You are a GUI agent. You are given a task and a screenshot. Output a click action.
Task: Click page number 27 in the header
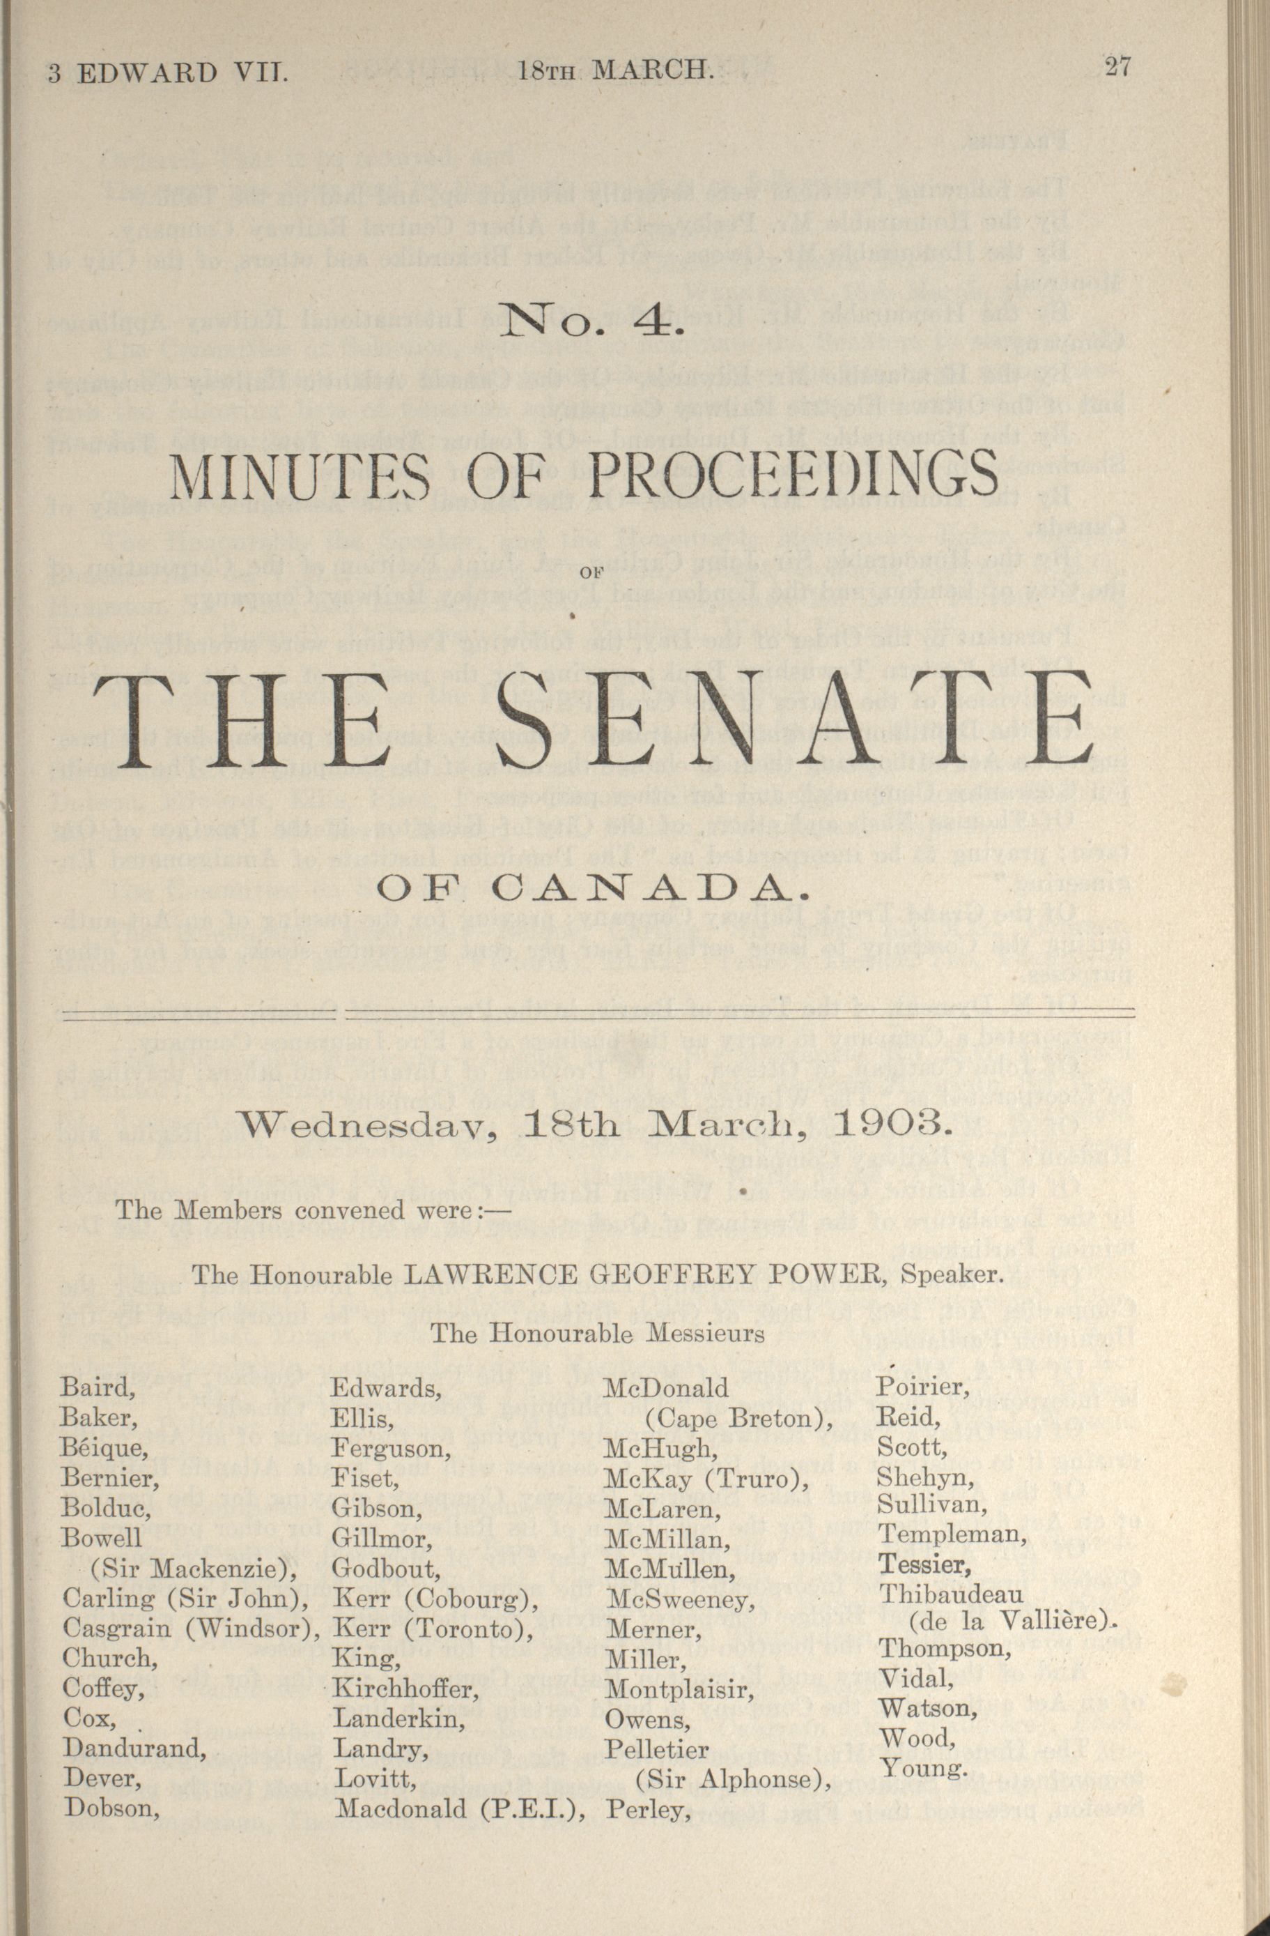tap(1117, 66)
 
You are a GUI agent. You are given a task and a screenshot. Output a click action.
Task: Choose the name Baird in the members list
tap(97, 1388)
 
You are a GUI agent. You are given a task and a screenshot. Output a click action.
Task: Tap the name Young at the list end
tap(924, 1767)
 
